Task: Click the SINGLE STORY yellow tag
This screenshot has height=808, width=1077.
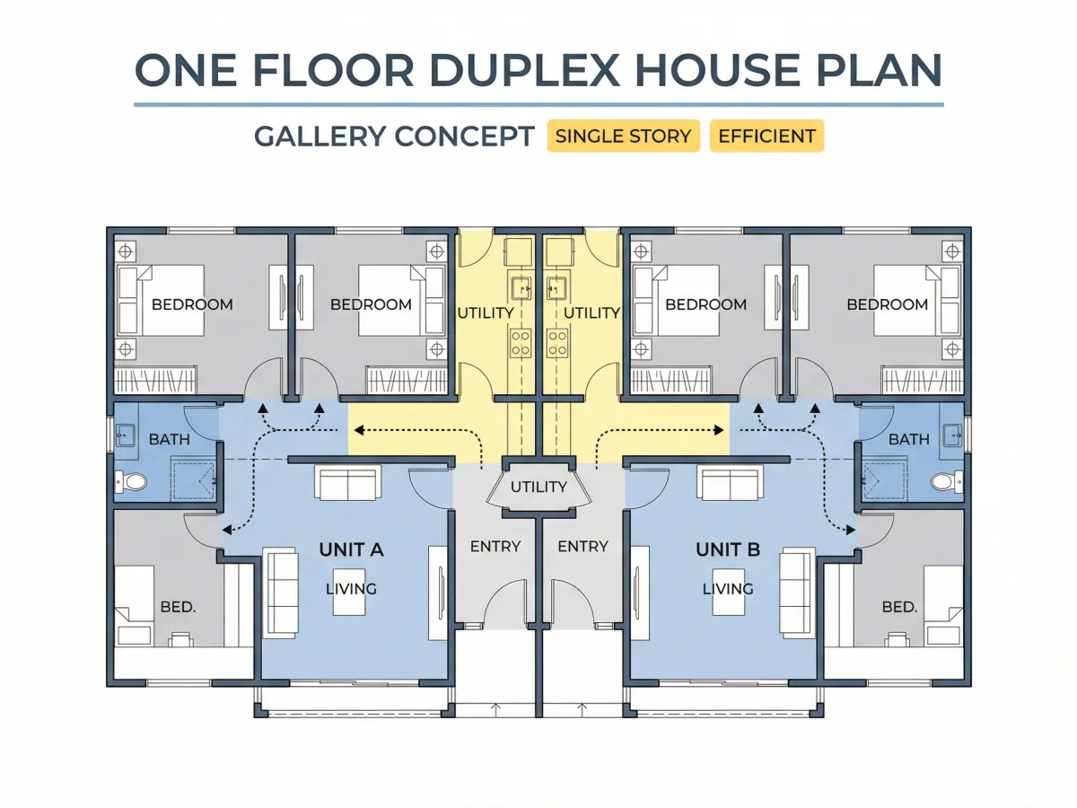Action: [623, 136]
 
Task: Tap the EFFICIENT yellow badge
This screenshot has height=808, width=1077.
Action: [766, 136]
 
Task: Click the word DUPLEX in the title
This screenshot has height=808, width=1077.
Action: [524, 70]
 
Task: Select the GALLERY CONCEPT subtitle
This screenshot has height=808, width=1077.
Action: [394, 136]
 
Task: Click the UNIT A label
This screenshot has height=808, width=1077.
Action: [351, 549]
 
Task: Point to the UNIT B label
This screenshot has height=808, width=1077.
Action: [728, 549]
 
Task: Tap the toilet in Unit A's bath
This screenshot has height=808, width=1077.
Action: [131, 482]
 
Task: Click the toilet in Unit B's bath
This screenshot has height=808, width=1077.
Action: [947, 482]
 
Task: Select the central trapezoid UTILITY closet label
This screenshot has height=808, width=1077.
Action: [538, 487]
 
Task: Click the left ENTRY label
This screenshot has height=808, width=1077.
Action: [495, 546]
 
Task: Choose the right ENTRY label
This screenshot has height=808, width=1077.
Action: [582, 546]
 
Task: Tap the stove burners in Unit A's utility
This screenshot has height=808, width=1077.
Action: [521, 343]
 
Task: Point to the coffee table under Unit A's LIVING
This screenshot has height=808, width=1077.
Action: [349, 592]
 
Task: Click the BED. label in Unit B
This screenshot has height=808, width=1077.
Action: [899, 608]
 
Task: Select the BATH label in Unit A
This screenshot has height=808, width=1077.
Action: [170, 439]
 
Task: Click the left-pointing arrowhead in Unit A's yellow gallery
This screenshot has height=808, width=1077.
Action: [359, 430]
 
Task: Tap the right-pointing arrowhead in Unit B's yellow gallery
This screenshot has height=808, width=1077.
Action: [719, 430]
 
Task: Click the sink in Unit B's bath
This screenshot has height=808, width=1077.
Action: [953, 435]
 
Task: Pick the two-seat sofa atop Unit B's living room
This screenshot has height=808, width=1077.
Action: [730, 483]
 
